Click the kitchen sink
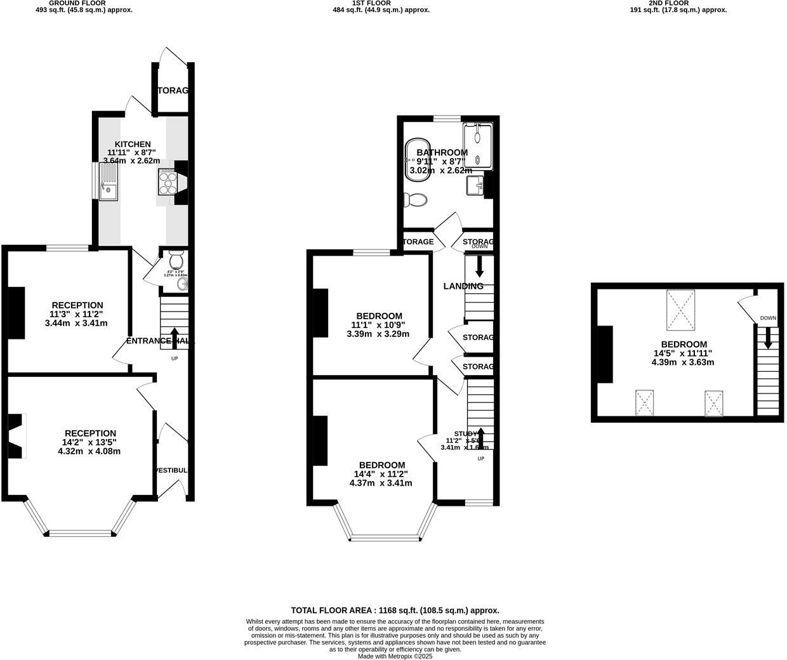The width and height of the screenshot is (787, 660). [108, 182]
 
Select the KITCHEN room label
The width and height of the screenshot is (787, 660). [133, 144]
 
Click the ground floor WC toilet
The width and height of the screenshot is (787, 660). [176, 260]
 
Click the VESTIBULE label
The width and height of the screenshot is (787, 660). [173, 470]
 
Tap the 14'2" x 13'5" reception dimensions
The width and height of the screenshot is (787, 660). [89, 442]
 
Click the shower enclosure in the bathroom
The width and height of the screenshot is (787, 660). [478, 146]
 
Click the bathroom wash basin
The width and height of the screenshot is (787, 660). [476, 185]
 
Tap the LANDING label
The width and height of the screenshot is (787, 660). [463, 286]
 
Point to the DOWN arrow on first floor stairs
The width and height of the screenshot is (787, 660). [480, 266]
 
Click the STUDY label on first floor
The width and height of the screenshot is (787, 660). [465, 434]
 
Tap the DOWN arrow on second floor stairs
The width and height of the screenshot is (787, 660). [768, 338]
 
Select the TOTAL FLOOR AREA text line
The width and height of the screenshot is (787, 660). [395, 610]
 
